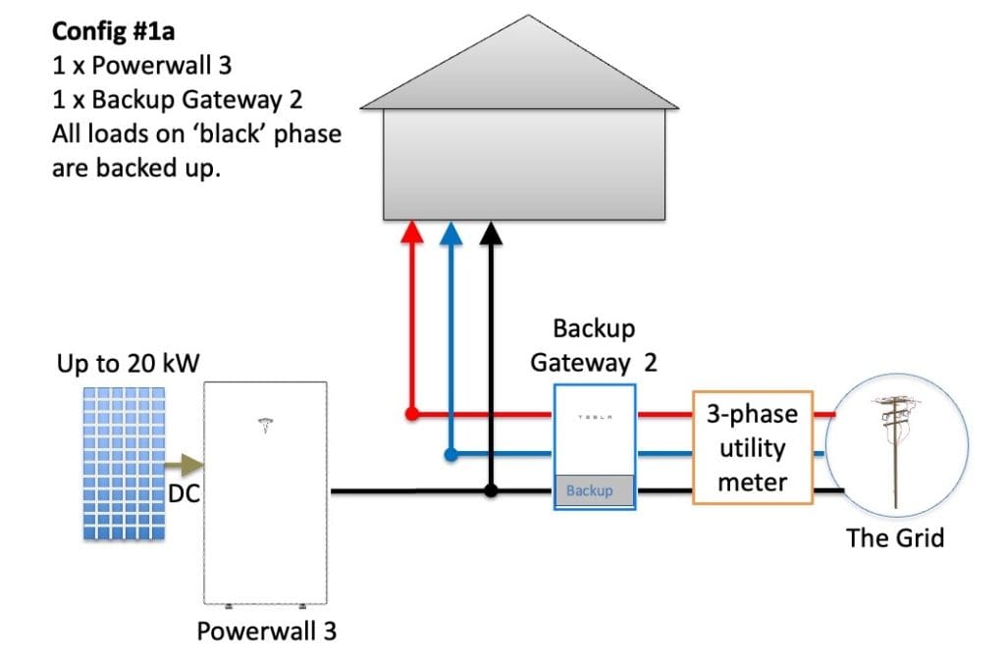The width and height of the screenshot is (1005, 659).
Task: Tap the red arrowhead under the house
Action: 413,233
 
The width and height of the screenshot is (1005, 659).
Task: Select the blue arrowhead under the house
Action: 450,233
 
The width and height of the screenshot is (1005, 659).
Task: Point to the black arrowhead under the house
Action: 491,233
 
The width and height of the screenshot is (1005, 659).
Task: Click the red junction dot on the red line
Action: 412,414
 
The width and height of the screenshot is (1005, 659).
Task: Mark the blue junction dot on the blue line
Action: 450,454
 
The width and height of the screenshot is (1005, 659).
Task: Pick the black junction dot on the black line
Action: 491,490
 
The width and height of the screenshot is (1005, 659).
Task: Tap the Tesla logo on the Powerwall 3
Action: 263,425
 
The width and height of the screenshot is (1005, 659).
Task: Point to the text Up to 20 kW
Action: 128,365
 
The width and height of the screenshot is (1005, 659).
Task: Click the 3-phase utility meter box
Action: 752,448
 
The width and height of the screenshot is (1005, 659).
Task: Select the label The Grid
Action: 895,536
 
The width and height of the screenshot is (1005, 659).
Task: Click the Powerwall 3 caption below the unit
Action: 266,631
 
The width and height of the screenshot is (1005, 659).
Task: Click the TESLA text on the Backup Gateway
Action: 595,416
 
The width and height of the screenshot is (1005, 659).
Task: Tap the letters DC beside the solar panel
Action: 185,494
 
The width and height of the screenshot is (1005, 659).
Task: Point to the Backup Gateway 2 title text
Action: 594,345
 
